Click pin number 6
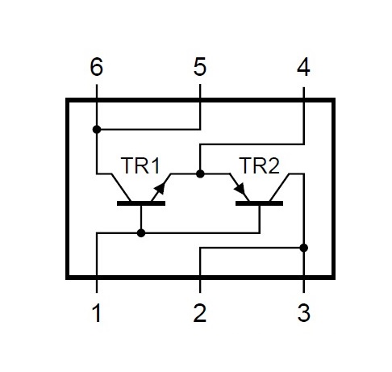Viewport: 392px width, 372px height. click(96, 67)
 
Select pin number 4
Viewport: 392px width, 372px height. click(303, 67)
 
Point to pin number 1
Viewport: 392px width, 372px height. click(97, 313)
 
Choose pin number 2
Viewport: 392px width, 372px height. click(200, 313)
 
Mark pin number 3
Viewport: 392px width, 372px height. click(304, 313)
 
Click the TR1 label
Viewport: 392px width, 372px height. click(140, 165)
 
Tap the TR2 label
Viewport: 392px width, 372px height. click(259, 165)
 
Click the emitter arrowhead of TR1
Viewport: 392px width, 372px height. click(161, 187)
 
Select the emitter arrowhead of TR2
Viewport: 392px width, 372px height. click(240, 188)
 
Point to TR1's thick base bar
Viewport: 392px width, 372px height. click(141, 203)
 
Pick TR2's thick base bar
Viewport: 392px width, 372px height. click(259, 203)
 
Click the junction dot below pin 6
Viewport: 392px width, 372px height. click(97, 129)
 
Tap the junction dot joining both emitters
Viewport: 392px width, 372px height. click(200, 173)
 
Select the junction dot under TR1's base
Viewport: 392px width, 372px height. click(141, 233)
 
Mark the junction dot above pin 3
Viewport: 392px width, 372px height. click(304, 248)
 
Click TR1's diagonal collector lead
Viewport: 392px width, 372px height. click(121, 187)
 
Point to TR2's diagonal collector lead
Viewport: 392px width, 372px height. click(280, 187)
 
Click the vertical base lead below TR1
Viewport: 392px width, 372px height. click(141, 217)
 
